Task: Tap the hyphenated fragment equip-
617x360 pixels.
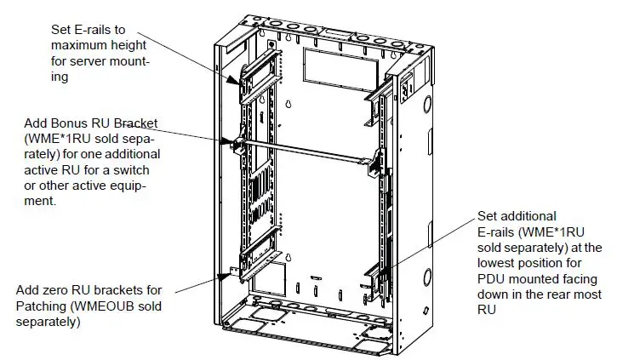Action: click(x=130, y=186)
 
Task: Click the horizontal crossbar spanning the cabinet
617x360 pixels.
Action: click(x=306, y=151)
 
